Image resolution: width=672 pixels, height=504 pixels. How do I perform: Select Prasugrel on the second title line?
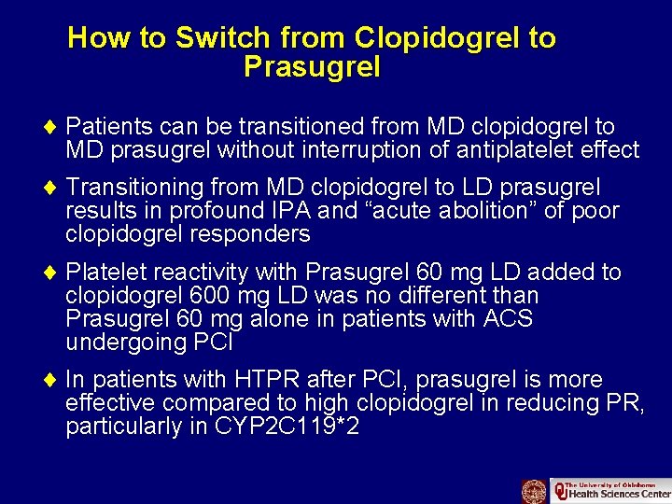click(312, 67)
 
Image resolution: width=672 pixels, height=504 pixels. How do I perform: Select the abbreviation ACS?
click(509, 319)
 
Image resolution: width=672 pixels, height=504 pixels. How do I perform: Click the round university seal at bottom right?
click(534, 491)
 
